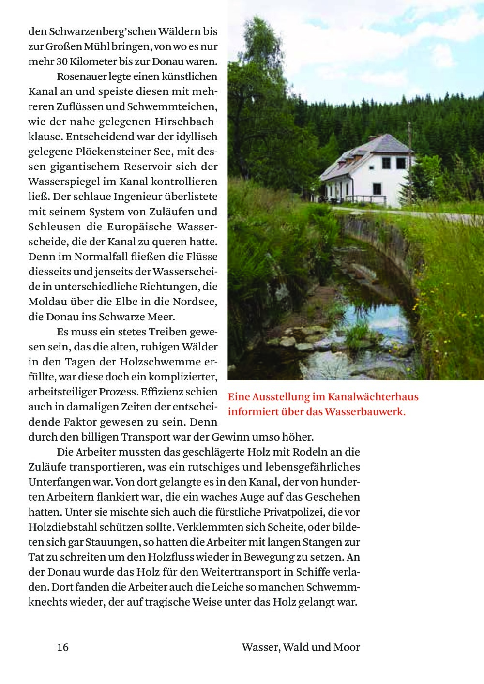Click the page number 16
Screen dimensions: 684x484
[x=62, y=647]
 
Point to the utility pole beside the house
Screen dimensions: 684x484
[x=409, y=145]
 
